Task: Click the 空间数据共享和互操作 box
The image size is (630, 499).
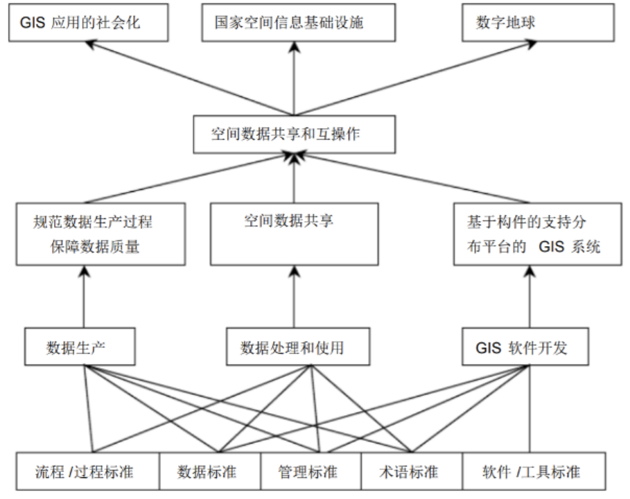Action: point(294,134)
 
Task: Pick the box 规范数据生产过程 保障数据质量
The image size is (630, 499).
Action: point(100,234)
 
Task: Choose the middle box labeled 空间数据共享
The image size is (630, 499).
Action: point(294,234)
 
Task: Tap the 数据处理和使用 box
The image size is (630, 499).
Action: point(294,347)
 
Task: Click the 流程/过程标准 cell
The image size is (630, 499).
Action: point(87,472)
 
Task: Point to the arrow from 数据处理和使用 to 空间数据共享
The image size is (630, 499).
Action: point(294,298)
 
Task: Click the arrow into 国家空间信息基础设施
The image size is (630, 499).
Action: point(295,76)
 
